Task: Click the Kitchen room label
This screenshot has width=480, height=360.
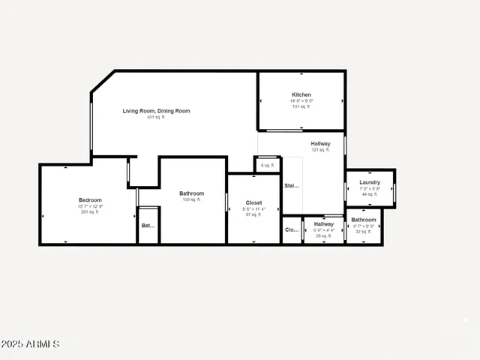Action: coord(301,94)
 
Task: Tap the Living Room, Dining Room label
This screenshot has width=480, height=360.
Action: coord(156,111)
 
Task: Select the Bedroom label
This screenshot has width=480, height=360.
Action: coord(90,199)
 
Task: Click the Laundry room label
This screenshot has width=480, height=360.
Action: coord(370,182)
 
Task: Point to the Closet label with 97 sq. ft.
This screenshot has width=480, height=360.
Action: coord(253,202)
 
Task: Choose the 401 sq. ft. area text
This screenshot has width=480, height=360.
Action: coord(156,117)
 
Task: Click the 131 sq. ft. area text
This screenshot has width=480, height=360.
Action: coord(301,106)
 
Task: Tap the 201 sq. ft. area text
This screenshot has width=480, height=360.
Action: coord(90,212)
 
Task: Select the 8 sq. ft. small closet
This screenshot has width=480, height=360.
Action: coord(268,165)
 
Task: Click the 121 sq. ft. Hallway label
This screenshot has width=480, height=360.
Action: coord(320,143)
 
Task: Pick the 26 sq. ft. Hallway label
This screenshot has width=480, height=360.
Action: coord(324,224)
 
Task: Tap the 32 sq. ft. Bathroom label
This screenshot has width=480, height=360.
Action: coord(364,220)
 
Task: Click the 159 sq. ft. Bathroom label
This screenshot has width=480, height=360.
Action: coord(191,193)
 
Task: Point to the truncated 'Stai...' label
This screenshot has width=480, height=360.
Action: coord(292,185)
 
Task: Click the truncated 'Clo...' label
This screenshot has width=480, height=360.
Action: coord(292,230)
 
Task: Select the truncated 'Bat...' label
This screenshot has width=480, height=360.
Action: coord(148,225)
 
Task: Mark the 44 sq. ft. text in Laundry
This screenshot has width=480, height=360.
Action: coord(370,194)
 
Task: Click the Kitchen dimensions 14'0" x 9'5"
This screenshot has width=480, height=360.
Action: coord(301,100)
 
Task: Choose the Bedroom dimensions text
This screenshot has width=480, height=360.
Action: coord(90,206)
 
